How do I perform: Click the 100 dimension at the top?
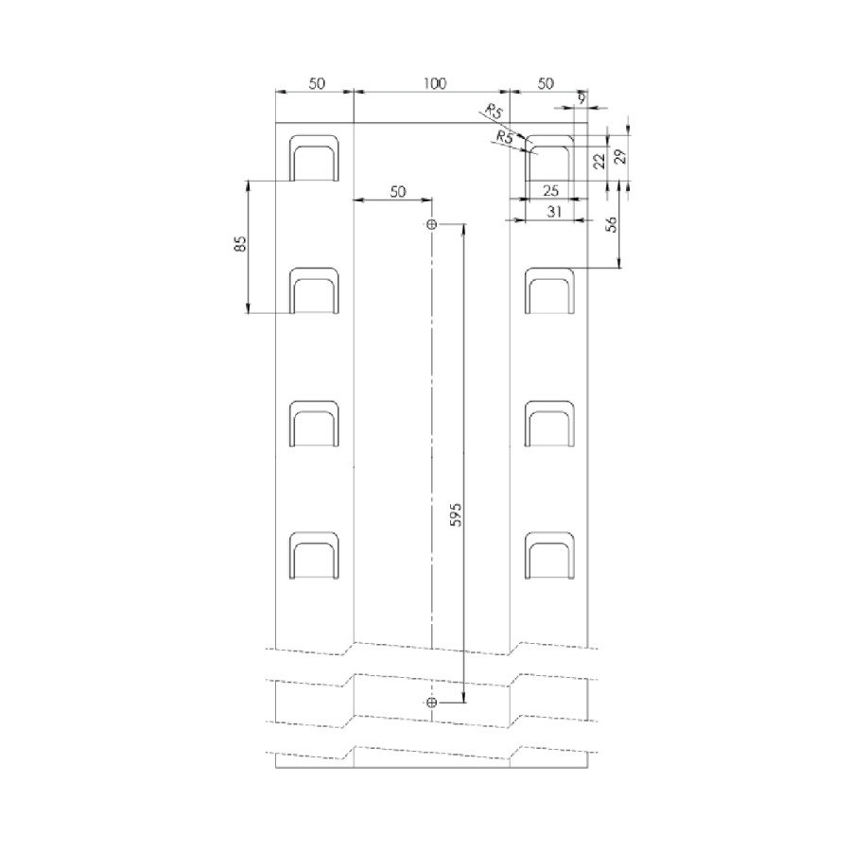click(435, 83)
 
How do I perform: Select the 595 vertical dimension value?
click(457, 514)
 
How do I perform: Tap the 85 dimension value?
click(240, 243)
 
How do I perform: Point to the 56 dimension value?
click(612, 224)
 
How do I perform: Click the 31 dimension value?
click(553, 212)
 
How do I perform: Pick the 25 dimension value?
click(550, 190)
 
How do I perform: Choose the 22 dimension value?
click(599, 161)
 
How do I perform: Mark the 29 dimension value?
click(622, 156)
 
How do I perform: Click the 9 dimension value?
click(582, 98)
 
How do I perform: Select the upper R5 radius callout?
click(495, 112)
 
